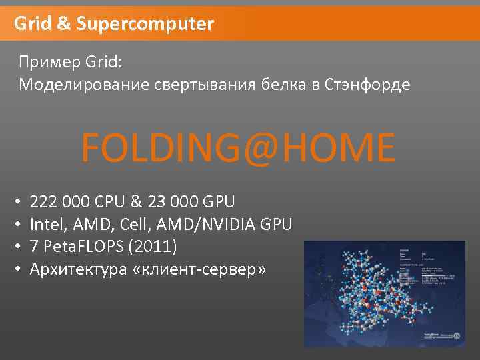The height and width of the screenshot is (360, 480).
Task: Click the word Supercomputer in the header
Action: pos(145,25)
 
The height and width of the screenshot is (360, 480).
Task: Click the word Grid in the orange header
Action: pos(32,25)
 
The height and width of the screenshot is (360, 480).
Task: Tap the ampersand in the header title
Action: pos(63,25)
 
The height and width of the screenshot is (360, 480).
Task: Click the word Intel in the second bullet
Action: pos(47,225)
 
